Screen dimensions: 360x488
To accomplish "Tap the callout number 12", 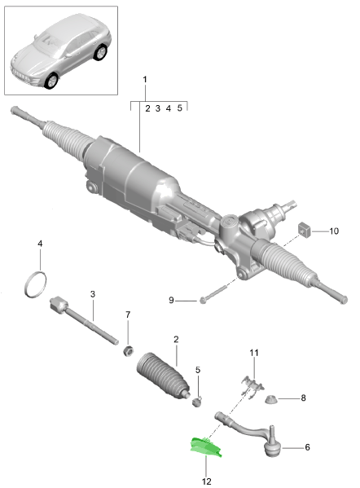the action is pyautogui.click(x=206, y=481).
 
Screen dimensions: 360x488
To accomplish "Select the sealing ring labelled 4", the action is pyautogui.click(x=36, y=284).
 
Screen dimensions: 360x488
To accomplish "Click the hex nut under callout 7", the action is pyautogui.click(x=128, y=351).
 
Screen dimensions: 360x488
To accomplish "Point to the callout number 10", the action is pyautogui.click(x=334, y=231).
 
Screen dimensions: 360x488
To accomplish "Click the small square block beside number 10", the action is pyautogui.click(x=305, y=231).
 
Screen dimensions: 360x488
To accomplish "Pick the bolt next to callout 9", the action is pyautogui.click(x=213, y=294).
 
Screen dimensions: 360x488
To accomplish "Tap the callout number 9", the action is pyautogui.click(x=171, y=301).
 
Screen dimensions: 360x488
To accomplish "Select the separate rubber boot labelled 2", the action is pyautogui.click(x=163, y=376).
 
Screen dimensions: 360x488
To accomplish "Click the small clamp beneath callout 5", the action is pyautogui.click(x=197, y=402).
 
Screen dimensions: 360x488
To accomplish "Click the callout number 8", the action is pyautogui.click(x=303, y=398).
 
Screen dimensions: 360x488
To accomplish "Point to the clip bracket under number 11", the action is pyautogui.click(x=252, y=385).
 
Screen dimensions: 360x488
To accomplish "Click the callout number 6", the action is pyautogui.click(x=307, y=447).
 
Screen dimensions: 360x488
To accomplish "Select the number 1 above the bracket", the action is pyautogui.click(x=145, y=79).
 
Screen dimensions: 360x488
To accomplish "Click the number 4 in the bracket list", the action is pyautogui.click(x=169, y=108).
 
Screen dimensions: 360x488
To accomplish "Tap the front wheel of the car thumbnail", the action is pyautogui.click(x=51, y=81).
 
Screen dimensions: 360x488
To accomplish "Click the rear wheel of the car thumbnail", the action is pyautogui.click(x=100, y=52).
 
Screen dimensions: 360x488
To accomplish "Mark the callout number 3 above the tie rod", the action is pyautogui.click(x=93, y=294).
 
